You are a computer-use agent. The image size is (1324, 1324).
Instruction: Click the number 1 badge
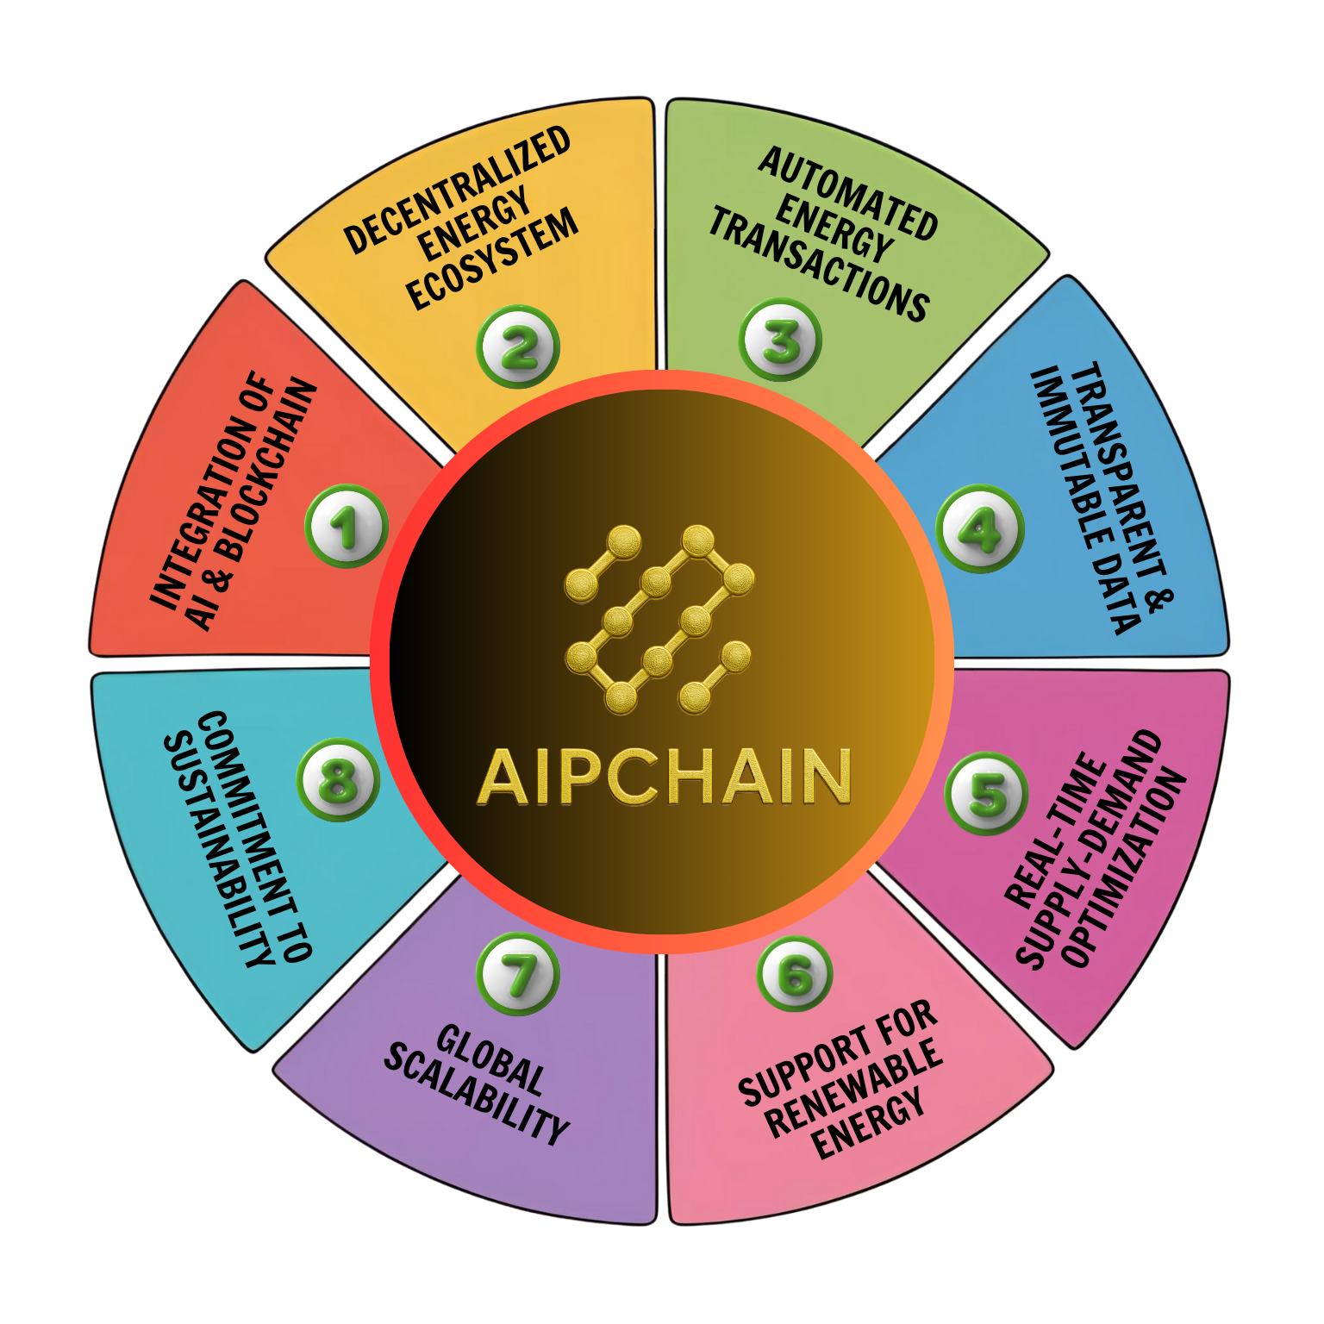pyautogui.click(x=347, y=526)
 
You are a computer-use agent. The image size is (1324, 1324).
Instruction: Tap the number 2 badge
pyautogui.click(x=518, y=347)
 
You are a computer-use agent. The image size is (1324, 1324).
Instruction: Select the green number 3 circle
pyautogui.click(x=780, y=340)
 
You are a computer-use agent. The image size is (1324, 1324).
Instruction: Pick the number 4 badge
pyautogui.click(x=980, y=528)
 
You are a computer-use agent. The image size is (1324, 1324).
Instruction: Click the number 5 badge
pyautogui.click(x=987, y=793)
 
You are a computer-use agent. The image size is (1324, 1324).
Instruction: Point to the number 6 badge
pyautogui.click(x=795, y=974)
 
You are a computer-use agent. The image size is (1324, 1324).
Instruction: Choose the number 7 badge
pyautogui.click(x=518, y=975)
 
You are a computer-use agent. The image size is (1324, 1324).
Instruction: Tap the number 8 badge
pyautogui.click(x=339, y=780)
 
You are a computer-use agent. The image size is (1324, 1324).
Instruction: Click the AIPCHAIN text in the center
pyautogui.click(x=664, y=777)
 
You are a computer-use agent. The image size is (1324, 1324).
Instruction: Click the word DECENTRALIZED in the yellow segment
pyautogui.click(x=457, y=190)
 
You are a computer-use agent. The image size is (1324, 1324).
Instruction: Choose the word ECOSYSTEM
pyautogui.click(x=492, y=259)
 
